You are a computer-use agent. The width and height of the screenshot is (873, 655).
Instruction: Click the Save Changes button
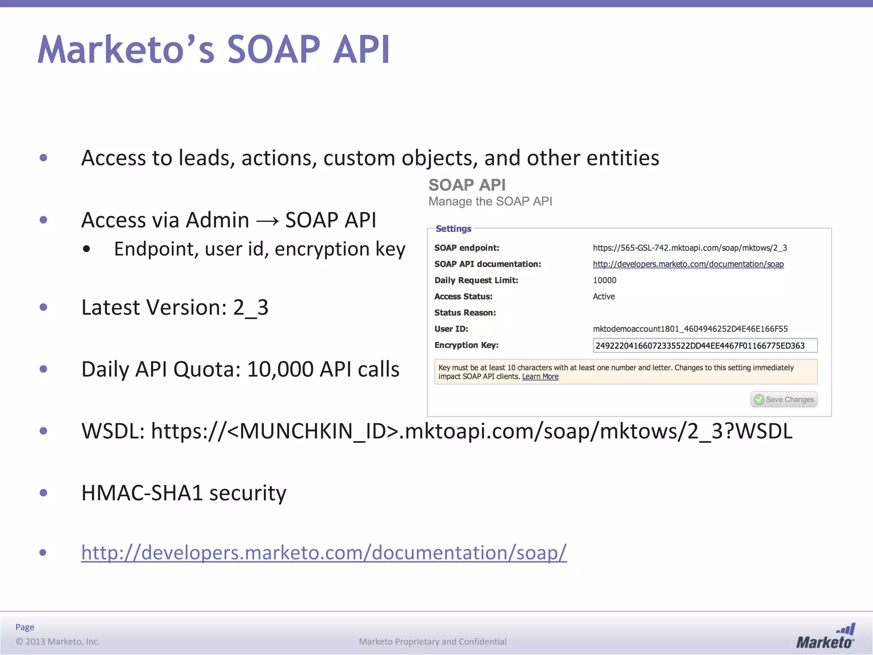click(784, 400)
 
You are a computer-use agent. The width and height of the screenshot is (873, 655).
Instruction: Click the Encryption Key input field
click(705, 345)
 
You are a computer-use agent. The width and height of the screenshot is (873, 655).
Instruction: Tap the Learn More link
click(540, 377)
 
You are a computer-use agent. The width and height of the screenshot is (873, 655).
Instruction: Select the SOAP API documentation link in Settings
click(688, 264)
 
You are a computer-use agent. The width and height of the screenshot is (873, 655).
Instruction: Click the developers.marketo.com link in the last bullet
click(324, 553)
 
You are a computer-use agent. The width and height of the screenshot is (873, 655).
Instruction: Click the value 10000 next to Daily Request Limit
click(604, 280)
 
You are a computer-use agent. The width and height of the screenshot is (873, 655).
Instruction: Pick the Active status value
click(604, 296)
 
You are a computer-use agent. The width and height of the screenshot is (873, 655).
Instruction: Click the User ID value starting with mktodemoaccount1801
click(690, 329)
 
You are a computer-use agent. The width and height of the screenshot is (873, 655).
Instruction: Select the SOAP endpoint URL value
click(690, 248)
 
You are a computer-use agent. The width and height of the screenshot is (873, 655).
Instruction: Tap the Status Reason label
click(465, 313)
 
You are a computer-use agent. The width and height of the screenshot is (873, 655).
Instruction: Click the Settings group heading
click(453, 229)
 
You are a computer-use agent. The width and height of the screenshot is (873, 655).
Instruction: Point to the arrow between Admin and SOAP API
click(267, 221)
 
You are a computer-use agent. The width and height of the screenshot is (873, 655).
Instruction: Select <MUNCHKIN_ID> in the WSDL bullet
click(313, 431)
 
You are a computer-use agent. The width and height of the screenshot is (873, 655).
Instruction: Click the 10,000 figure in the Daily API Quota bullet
click(280, 369)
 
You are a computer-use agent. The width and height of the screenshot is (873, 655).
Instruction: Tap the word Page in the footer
click(25, 627)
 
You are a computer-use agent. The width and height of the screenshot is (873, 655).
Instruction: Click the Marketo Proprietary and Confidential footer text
click(433, 641)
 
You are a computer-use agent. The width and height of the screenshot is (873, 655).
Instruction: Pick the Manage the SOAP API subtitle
click(490, 201)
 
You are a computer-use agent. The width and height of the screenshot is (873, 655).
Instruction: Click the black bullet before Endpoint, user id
click(87, 249)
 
